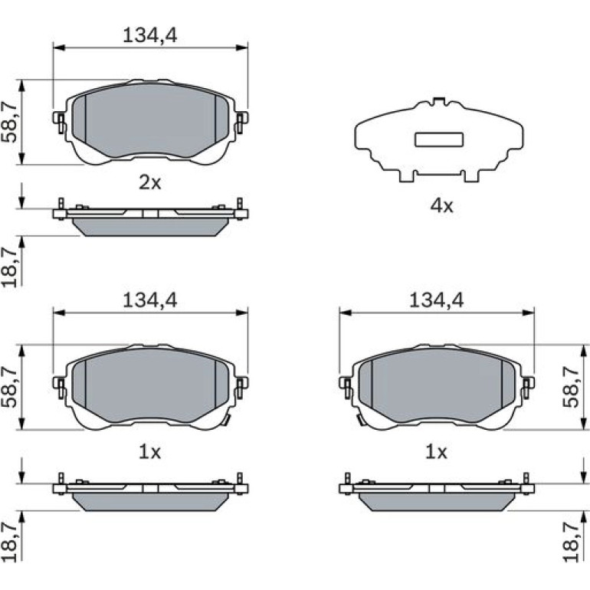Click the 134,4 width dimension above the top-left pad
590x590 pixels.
click(149, 36)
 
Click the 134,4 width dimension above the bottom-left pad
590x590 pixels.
click(149, 300)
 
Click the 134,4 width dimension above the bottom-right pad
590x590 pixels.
click(437, 300)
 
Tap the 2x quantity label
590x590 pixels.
click(149, 183)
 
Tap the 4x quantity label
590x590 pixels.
click(442, 206)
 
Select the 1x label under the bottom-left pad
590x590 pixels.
click(149, 451)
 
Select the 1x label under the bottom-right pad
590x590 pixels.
click(437, 451)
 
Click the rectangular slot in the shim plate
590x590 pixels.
click(439, 139)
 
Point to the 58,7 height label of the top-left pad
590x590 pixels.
click(9, 122)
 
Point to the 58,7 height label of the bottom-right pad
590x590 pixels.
click(571, 387)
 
